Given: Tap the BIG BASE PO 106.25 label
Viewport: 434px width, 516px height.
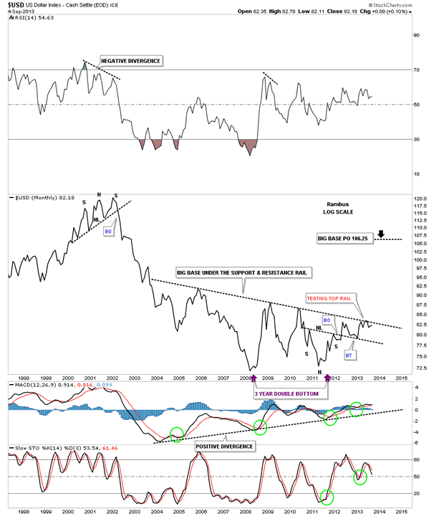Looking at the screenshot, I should (x=347, y=238).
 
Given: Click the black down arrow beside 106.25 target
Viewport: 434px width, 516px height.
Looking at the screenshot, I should (x=381, y=234).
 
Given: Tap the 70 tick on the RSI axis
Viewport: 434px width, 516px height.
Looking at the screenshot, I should (x=414, y=70).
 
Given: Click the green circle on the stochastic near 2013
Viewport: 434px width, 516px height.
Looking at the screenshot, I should (x=361, y=476).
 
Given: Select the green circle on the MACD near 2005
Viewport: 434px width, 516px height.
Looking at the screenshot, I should (x=176, y=434).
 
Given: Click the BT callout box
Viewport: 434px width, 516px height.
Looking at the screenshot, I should (x=349, y=354).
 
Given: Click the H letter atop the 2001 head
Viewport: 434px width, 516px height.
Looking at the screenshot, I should (x=99, y=194).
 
